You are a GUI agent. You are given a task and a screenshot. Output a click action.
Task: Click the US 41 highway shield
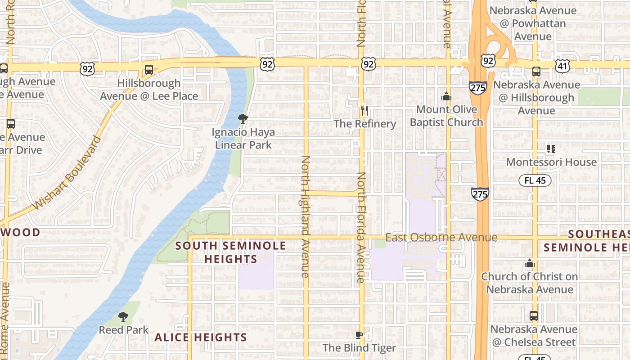(x=562, y=66)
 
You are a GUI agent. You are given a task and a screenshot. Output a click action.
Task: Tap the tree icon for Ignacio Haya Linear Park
(x=243, y=119)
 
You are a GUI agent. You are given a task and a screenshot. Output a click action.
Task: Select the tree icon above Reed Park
(x=123, y=317)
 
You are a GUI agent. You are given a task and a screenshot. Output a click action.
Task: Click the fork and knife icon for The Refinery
(x=364, y=110)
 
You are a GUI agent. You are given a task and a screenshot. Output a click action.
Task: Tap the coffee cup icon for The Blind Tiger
(x=359, y=335)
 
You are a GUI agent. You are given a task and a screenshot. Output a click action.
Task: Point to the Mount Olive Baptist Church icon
(x=446, y=96)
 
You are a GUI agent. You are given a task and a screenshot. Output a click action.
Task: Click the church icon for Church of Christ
(x=530, y=263)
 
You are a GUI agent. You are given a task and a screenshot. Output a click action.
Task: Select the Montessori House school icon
(x=551, y=148)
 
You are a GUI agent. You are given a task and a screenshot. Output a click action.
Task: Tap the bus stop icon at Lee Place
(x=148, y=70)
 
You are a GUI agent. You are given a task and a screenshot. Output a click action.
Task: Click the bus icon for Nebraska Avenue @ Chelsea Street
(x=533, y=316)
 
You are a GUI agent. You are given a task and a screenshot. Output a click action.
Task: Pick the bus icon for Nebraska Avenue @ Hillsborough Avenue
(x=536, y=71)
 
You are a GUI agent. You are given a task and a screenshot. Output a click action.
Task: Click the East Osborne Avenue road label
(x=441, y=237)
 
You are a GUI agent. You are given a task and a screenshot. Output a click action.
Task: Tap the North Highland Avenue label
(x=306, y=216)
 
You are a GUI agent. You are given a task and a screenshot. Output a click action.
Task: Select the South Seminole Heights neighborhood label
(x=230, y=252)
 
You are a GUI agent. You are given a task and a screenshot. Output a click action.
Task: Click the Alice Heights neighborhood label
(x=201, y=337)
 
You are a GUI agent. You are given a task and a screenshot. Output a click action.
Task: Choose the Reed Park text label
(x=123, y=330)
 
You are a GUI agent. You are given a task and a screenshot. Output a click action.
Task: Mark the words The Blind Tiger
(x=359, y=347)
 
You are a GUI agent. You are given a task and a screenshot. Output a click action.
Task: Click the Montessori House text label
(x=552, y=162)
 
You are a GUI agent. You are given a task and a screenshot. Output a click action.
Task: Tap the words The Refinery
(x=364, y=124)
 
